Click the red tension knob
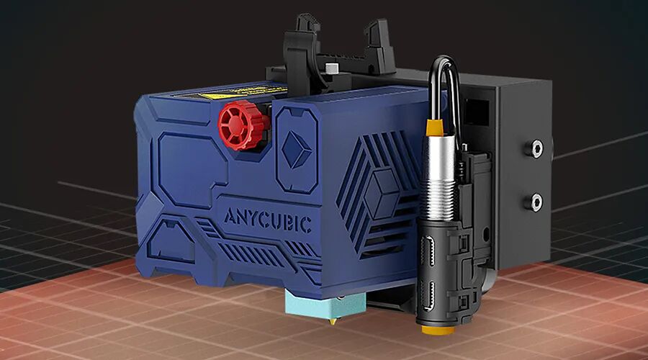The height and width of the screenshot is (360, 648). [243, 125]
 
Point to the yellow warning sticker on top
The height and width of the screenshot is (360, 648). [249, 93]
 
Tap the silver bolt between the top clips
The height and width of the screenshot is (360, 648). [331, 69]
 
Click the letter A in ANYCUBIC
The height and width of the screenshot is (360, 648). [229, 217]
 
